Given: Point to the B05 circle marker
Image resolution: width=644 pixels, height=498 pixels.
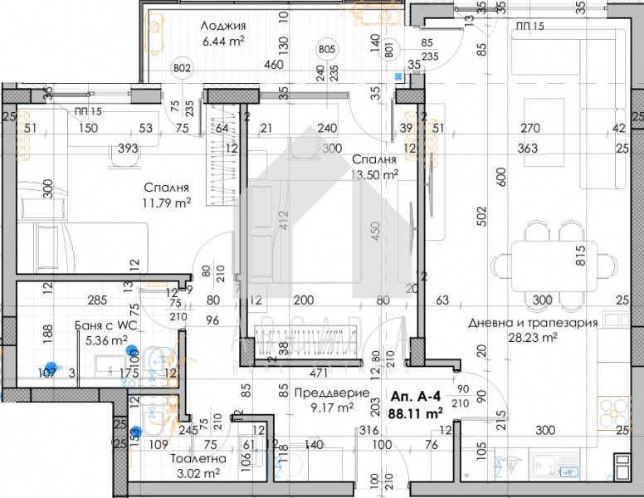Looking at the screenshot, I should (x=327, y=51).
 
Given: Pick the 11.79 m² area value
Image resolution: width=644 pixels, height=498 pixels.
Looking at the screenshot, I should (x=166, y=202).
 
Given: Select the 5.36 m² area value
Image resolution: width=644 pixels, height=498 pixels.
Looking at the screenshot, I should (x=108, y=339).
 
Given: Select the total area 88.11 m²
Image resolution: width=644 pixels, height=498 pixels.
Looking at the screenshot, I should (x=422, y=410).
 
